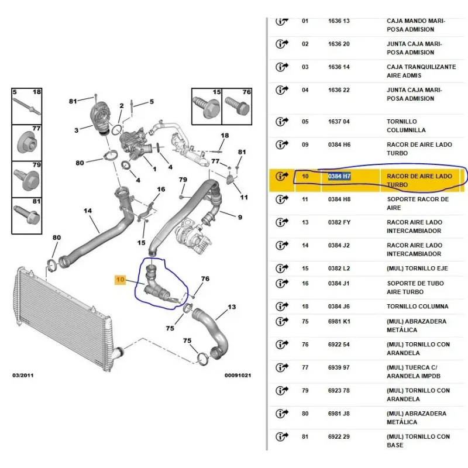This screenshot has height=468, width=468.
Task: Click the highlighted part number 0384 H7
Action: [x=339, y=175]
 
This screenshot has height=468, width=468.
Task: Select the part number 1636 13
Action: [x=339, y=20]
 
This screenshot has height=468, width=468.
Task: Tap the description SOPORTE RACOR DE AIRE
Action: [x=418, y=203]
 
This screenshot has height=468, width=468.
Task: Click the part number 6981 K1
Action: [x=339, y=321]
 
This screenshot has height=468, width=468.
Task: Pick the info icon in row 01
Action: [x=283, y=21]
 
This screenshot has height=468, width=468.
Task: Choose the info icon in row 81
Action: [x=283, y=437]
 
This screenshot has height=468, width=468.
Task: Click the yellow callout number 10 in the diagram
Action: [x=120, y=280]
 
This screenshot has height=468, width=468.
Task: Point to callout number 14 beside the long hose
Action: [x=88, y=211]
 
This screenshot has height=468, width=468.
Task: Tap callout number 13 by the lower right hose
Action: [x=232, y=307]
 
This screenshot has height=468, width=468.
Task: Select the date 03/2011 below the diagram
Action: [x=23, y=375]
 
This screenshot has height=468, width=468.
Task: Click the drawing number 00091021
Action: [x=238, y=375]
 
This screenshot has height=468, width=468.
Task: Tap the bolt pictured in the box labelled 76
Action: [x=236, y=109]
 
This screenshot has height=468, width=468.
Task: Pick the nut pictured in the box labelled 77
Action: [x=27, y=142]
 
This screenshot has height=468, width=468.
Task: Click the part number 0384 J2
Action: [x=339, y=245]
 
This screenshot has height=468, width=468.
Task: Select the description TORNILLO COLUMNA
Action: [x=418, y=306]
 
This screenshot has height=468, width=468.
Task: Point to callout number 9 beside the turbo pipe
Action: [x=239, y=218]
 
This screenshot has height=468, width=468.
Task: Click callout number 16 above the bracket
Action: [x=161, y=189]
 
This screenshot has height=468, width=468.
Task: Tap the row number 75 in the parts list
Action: [x=305, y=321]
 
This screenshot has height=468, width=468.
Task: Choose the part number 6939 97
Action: [x=339, y=367]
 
